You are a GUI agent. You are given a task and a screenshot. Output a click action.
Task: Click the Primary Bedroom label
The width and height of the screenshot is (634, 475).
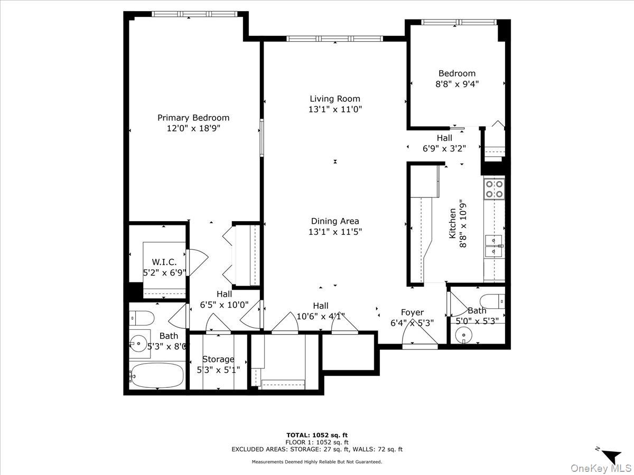[x=193, y=118]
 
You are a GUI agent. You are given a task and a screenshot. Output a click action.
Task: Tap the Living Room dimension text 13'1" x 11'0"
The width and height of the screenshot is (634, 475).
[x=335, y=109]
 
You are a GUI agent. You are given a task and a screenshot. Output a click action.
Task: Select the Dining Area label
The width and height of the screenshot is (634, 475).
[x=335, y=221]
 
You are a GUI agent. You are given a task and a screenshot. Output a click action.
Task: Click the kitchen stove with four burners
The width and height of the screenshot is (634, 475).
[x=495, y=189]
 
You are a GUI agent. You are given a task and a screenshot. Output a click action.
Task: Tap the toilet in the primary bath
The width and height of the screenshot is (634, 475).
[x=142, y=318]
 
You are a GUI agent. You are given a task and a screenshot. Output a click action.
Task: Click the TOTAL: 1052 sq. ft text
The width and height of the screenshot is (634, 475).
[x=316, y=435]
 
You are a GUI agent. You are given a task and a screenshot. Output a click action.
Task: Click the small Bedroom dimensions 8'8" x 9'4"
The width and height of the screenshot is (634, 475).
[x=456, y=83]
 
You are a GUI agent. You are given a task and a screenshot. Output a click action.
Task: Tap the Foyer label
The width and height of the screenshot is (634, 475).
[x=412, y=312]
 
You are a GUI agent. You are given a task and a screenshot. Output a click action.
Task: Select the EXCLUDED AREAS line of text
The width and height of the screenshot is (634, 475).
[x=316, y=449]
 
